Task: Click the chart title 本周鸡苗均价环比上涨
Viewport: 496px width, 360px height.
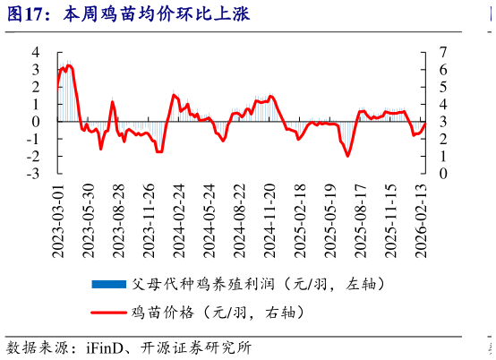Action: click(x=157, y=14)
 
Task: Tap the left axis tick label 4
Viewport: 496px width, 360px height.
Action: click(x=36, y=52)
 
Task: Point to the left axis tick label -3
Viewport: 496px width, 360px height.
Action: click(x=33, y=174)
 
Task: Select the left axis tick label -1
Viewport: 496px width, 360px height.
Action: click(x=33, y=139)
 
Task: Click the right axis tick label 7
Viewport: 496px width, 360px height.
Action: click(x=443, y=52)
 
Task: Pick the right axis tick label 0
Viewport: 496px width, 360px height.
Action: click(x=443, y=174)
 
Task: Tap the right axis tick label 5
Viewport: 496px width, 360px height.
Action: click(x=443, y=87)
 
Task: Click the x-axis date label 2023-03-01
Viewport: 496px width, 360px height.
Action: click(x=58, y=221)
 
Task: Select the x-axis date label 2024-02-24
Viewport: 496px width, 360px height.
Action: click(x=179, y=221)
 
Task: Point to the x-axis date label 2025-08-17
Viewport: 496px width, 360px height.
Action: click(x=361, y=221)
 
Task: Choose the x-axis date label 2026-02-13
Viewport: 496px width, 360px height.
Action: click(x=422, y=221)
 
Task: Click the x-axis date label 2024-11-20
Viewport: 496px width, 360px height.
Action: click(x=270, y=221)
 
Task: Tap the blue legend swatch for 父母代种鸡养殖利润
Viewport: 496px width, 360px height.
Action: click(x=109, y=284)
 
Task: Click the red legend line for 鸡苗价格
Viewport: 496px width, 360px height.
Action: click(x=109, y=313)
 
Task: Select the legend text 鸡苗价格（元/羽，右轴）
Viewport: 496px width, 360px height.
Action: click(x=218, y=313)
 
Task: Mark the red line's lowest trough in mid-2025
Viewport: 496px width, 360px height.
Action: click(x=347, y=156)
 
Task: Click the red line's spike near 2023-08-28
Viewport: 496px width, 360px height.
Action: click(x=113, y=101)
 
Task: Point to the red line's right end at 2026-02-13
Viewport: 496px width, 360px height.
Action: click(x=425, y=124)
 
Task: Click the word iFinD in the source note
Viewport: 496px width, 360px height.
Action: click(x=105, y=348)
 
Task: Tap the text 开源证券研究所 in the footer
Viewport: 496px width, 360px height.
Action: click(x=196, y=348)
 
